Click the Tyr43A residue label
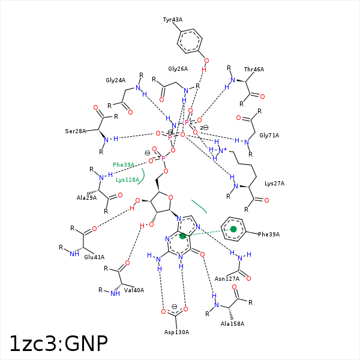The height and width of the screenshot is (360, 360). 173,20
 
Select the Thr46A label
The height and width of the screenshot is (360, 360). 254,70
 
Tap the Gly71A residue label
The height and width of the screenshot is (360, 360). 269,136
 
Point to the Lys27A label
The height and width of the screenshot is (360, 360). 274,184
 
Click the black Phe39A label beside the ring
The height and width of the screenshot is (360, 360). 269,234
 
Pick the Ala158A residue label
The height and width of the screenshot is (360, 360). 233,324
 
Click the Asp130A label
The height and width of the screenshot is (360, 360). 176,332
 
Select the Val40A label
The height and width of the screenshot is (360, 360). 135,290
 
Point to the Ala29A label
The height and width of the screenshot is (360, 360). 86,197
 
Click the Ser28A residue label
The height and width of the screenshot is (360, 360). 76,131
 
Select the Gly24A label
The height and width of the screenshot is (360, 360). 115,80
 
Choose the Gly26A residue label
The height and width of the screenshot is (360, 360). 178,69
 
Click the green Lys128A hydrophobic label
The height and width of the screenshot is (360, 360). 127,179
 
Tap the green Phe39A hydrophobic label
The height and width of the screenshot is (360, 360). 124,164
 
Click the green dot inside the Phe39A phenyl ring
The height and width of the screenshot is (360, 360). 233,229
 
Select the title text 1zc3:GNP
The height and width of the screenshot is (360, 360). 58,343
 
